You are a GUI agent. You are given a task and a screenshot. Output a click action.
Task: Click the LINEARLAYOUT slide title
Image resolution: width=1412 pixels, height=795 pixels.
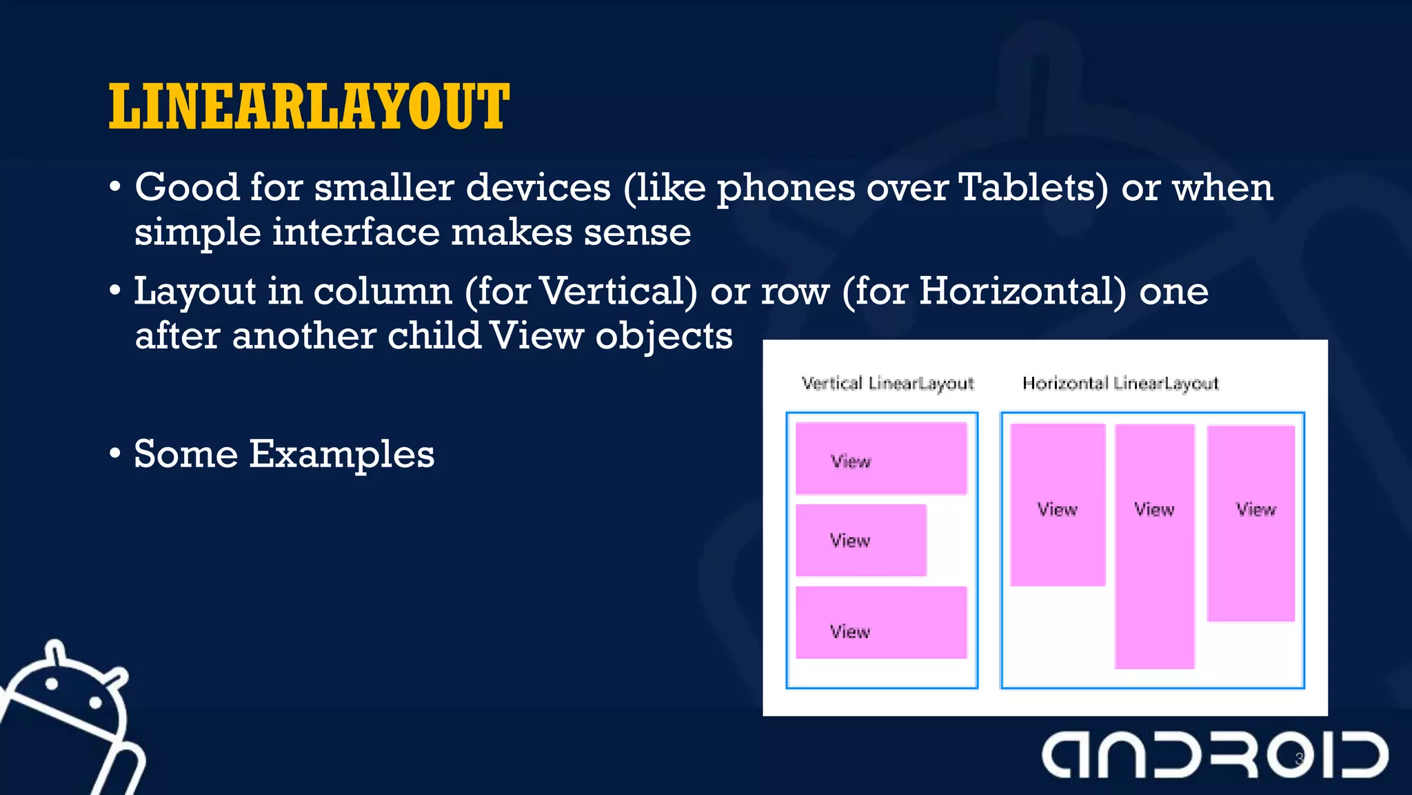pos(309,107)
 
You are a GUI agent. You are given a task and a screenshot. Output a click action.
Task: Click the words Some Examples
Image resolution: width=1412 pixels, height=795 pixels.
pos(284,454)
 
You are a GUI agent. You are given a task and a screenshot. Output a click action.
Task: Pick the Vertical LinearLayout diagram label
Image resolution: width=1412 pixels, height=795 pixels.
pos(887,383)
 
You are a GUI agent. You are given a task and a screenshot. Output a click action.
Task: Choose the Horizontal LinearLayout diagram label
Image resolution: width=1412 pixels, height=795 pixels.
pos(1120,383)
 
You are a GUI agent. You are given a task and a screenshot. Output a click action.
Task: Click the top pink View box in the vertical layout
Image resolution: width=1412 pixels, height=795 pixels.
pos(881,458)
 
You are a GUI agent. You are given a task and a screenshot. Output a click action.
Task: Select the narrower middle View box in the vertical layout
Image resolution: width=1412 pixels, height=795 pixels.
pos(860,540)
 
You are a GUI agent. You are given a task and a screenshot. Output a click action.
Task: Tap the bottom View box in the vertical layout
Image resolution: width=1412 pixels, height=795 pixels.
pos(881,622)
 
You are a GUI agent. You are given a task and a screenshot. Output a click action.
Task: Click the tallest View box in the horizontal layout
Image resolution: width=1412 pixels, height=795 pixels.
pos(1154,546)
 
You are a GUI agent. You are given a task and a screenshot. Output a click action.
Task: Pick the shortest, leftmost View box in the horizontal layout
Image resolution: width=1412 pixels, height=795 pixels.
pos(1058,505)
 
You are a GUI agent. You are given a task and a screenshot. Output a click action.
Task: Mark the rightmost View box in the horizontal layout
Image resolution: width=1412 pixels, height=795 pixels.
pos(1251,523)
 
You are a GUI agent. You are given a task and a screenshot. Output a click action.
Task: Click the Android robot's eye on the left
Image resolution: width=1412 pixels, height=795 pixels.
pos(52,683)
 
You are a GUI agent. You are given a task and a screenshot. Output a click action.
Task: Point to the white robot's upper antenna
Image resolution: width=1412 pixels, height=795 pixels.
pos(55,651)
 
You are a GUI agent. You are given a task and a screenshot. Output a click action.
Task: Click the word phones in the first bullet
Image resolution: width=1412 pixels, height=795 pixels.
pos(786,188)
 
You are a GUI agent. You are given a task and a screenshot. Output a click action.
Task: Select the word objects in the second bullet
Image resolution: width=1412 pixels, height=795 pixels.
pos(663,337)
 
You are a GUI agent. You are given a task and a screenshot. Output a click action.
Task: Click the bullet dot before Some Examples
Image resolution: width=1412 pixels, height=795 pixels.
pos(115,454)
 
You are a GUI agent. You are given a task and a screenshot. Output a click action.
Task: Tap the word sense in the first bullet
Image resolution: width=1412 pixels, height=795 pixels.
pos(637,232)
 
